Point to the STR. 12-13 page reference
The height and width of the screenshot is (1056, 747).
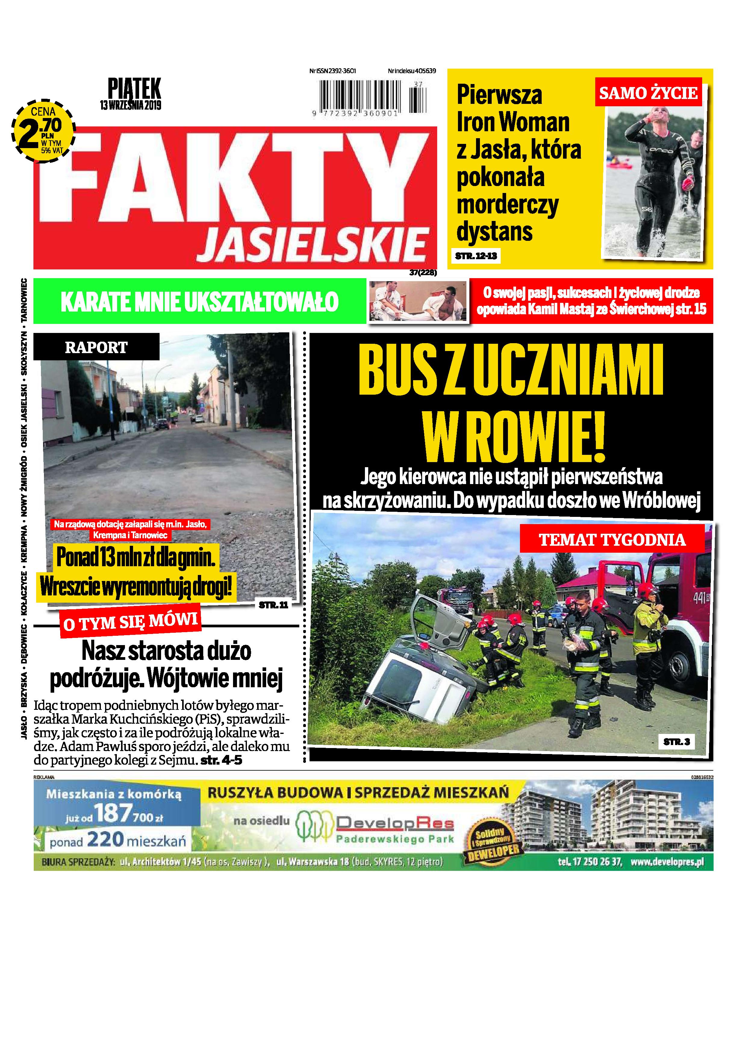tap(476, 256)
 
